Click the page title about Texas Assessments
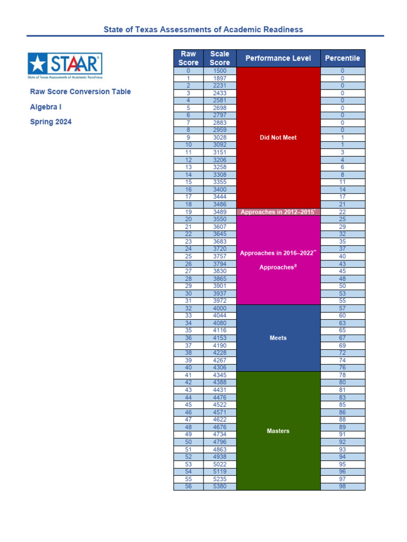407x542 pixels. [x=203, y=29]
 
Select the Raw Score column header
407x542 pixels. [x=188, y=58]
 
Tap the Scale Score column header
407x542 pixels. [x=219, y=58]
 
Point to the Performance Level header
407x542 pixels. [x=278, y=58]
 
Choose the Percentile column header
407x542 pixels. [x=342, y=58]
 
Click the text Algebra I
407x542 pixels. [x=46, y=107]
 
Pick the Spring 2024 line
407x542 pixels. [x=51, y=122]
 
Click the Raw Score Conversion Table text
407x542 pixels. [x=81, y=92]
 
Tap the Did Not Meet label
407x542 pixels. [x=278, y=138]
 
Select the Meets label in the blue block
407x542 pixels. [x=278, y=338]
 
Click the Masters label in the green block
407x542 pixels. [x=278, y=431]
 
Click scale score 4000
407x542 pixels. [x=219, y=308]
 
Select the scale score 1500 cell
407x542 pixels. [x=219, y=70]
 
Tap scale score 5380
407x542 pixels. [x=219, y=486]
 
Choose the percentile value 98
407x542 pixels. [x=342, y=486]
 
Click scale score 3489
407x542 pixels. [x=219, y=212]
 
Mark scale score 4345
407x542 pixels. [x=219, y=375]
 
